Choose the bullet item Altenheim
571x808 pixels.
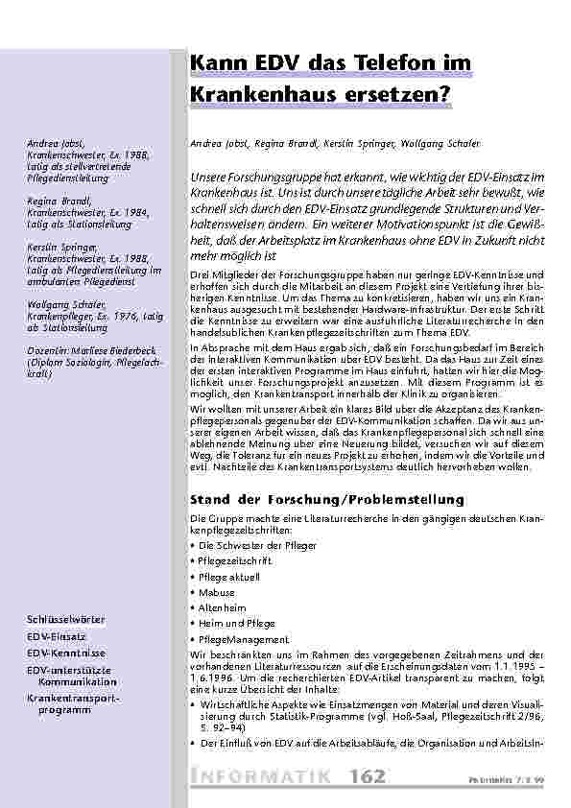coord(222,607)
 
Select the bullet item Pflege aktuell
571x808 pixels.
coord(227,577)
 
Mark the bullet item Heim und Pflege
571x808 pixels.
coord(230,623)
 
